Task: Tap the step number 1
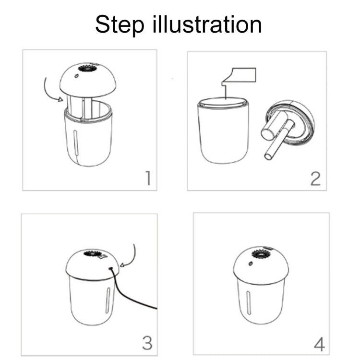pos(148,178)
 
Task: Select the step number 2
pos(315,179)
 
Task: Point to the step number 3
pos(147,342)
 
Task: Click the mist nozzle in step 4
pos(261,253)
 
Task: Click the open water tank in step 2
pos(224,130)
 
